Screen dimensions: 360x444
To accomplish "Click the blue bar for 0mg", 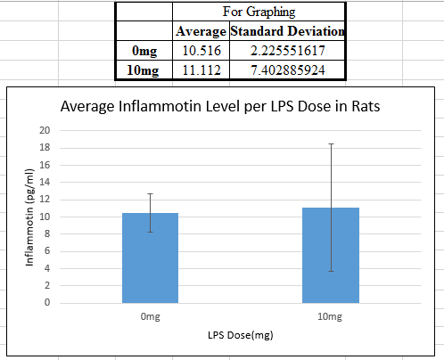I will [150, 258].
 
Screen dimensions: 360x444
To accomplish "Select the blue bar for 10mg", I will [331, 256].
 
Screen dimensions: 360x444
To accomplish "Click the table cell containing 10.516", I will [201, 51].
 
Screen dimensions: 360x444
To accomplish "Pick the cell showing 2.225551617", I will [287, 51].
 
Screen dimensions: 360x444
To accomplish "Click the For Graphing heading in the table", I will [259, 12].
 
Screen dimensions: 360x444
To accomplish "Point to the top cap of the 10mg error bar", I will [331, 143].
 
